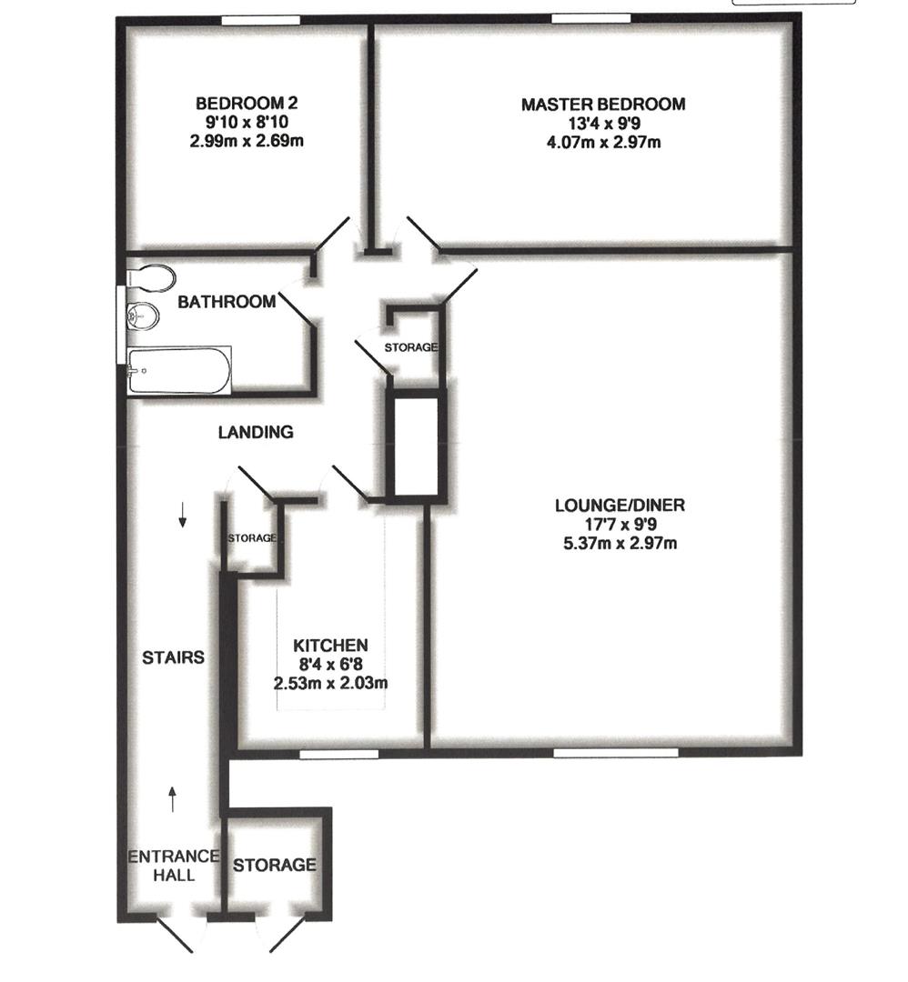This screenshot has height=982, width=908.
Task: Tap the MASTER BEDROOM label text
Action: pyautogui.click(x=602, y=105)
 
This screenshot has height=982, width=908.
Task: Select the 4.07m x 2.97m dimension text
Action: pyautogui.click(x=602, y=141)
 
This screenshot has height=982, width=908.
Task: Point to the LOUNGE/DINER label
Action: pyautogui.click(x=620, y=506)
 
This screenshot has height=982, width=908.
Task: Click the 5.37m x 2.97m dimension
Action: pyautogui.click(x=620, y=544)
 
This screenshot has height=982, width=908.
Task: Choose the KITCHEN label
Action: pyautogui.click(x=330, y=645)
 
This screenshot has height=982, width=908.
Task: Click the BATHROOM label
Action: pyautogui.click(x=226, y=302)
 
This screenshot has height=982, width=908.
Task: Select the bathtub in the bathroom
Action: pyautogui.click(x=178, y=370)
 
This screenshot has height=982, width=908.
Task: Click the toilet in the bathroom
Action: pyautogui.click(x=151, y=277)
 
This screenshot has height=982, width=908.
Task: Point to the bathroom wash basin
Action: pyautogui.click(x=143, y=316)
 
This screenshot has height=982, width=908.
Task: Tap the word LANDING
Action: pyautogui.click(x=256, y=433)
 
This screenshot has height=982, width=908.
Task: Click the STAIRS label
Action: pyautogui.click(x=173, y=657)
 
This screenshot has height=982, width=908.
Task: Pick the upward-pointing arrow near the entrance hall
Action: pyautogui.click(x=173, y=798)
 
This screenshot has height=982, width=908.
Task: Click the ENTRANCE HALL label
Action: pyautogui.click(x=173, y=866)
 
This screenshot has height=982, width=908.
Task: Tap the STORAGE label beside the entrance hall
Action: pyautogui.click(x=275, y=865)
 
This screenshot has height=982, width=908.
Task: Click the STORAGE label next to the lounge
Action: pyautogui.click(x=410, y=347)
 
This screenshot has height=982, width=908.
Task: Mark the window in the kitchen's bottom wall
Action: pyautogui.click(x=338, y=753)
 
